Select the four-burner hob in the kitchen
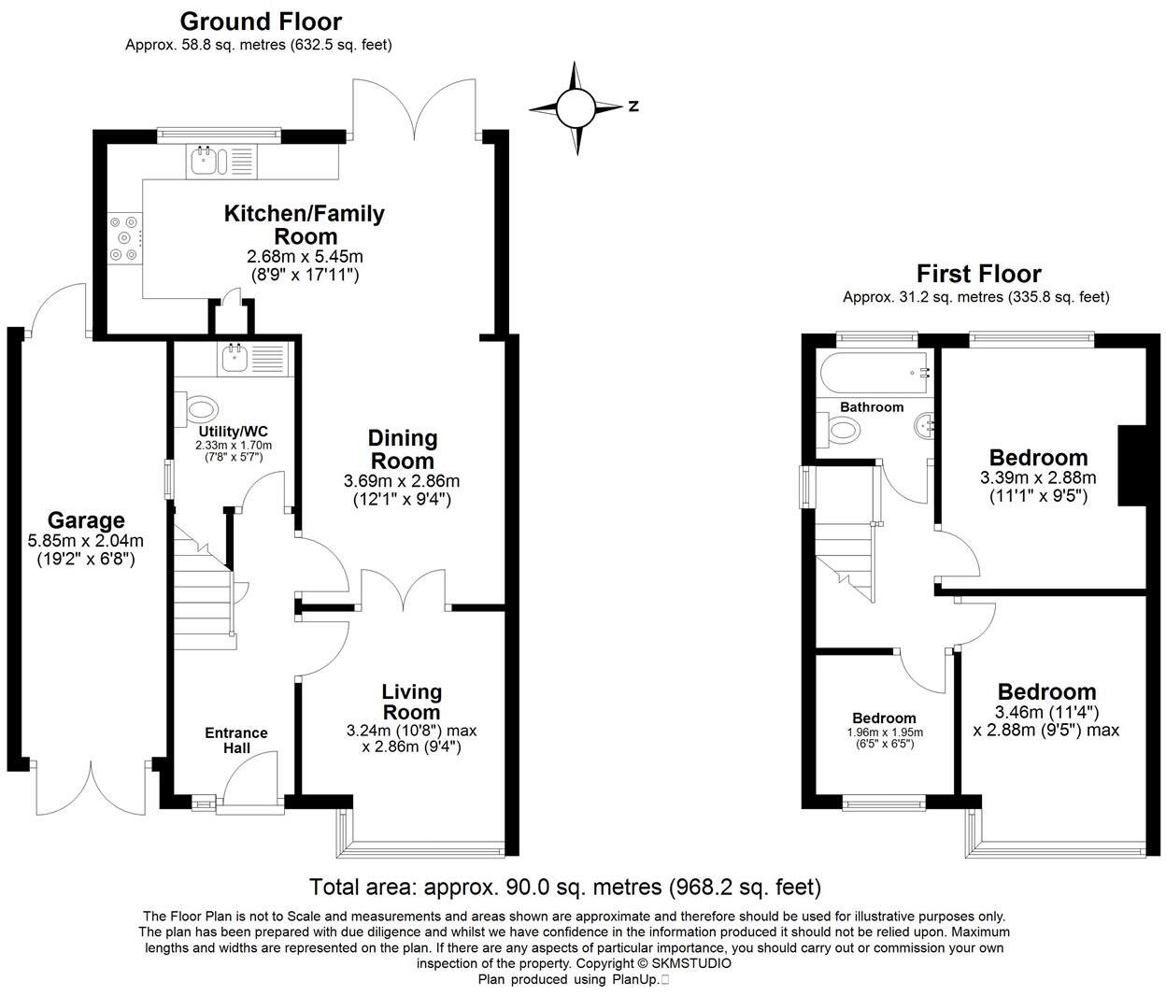click(x=124, y=237)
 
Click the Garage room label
click(x=86, y=520)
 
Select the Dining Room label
click(x=403, y=449)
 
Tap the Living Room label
click(x=411, y=702)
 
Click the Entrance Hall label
click(x=236, y=741)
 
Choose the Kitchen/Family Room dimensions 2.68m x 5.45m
click(x=305, y=257)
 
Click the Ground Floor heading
click(x=261, y=21)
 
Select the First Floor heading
click(x=978, y=274)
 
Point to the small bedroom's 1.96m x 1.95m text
click(x=884, y=732)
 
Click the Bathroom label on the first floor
click(x=872, y=407)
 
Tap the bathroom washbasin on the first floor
click(x=925, y=427)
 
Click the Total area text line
click(x=565, y=887)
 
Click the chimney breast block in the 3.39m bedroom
click(x=1132, y=465)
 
